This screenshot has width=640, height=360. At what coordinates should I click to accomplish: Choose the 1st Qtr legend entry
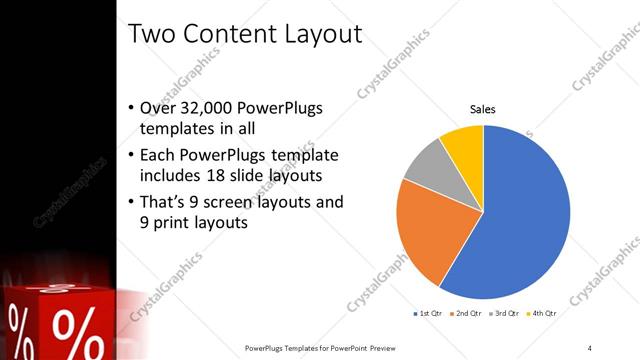coord(429,314)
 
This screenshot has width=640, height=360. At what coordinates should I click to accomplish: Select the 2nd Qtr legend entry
coord(467,314)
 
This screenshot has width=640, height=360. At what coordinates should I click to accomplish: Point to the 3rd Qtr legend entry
coord(506,314)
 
